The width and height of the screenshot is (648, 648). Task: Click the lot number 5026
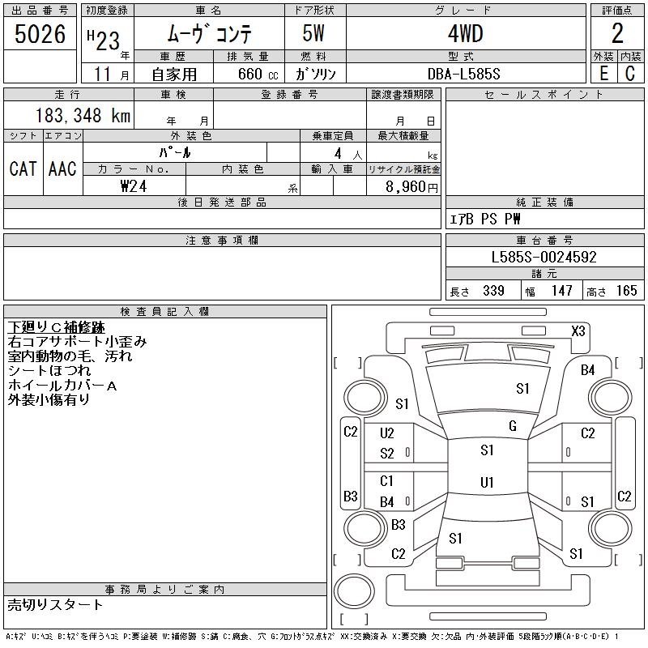[40, 34]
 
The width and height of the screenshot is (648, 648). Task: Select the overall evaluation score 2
[617, 33]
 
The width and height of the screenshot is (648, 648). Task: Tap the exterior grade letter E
[603, 74]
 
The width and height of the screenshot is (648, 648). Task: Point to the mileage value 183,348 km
[83, 116]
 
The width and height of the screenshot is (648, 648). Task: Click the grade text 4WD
[465, 34]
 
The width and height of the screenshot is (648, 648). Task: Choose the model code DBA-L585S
[464, 74]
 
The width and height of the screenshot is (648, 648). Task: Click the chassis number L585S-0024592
[544, 258]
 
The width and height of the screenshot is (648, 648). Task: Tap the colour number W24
[134, 186]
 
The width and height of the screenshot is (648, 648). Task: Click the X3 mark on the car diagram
[578, 330]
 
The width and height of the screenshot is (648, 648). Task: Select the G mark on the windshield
[512, 426]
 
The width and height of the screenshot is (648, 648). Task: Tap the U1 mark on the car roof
[487, 483]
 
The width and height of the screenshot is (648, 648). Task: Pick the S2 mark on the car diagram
[387, 454]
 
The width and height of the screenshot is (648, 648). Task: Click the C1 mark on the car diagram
[386, 481]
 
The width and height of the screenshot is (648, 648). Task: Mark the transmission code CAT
[23, 168]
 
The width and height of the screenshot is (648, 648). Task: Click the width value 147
[561, 291]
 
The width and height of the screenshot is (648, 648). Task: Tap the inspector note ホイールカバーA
[62, 386]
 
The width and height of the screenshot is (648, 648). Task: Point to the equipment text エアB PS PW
[485, 219]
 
